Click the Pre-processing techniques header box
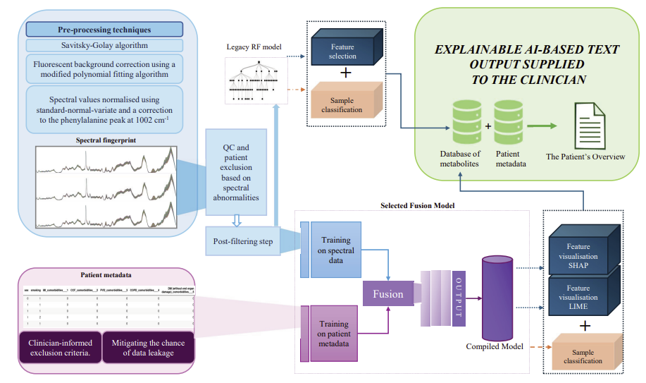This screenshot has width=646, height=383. tap(104, 30)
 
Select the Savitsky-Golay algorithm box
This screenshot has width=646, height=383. tap(104, 45)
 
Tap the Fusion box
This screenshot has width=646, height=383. tap(388, 293)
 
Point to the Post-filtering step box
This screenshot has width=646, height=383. tap(243, 241)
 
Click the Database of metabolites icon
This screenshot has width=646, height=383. tap(461, 120)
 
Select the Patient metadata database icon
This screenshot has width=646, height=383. tap(507, 120)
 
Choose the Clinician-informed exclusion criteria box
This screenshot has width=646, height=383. tap(60, 348)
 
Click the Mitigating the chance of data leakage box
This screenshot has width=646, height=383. tap(148, 348)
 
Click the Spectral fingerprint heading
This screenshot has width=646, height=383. tap(106, 140)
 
